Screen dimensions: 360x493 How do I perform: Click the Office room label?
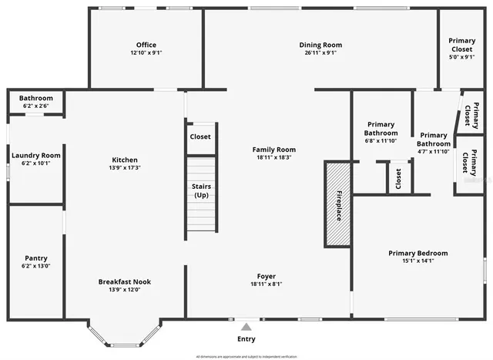(146, 45)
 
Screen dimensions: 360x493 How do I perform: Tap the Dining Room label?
(320, 45)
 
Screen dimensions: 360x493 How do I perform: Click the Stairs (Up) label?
(201, 190)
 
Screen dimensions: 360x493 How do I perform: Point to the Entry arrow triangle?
(246, 327)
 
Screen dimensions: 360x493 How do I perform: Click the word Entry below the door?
(246, 339)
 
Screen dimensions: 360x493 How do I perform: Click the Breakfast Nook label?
(124, 281)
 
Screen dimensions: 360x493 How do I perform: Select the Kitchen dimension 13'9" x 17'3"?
(124, 168)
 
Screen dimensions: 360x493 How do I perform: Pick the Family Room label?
(273, 150)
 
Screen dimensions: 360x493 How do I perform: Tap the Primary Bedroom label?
(418, 253)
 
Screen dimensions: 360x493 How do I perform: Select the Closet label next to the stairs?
(200, 137)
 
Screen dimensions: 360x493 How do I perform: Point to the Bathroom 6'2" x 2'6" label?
(35, 99)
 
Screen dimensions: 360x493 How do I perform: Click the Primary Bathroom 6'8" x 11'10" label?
(381, 133)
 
